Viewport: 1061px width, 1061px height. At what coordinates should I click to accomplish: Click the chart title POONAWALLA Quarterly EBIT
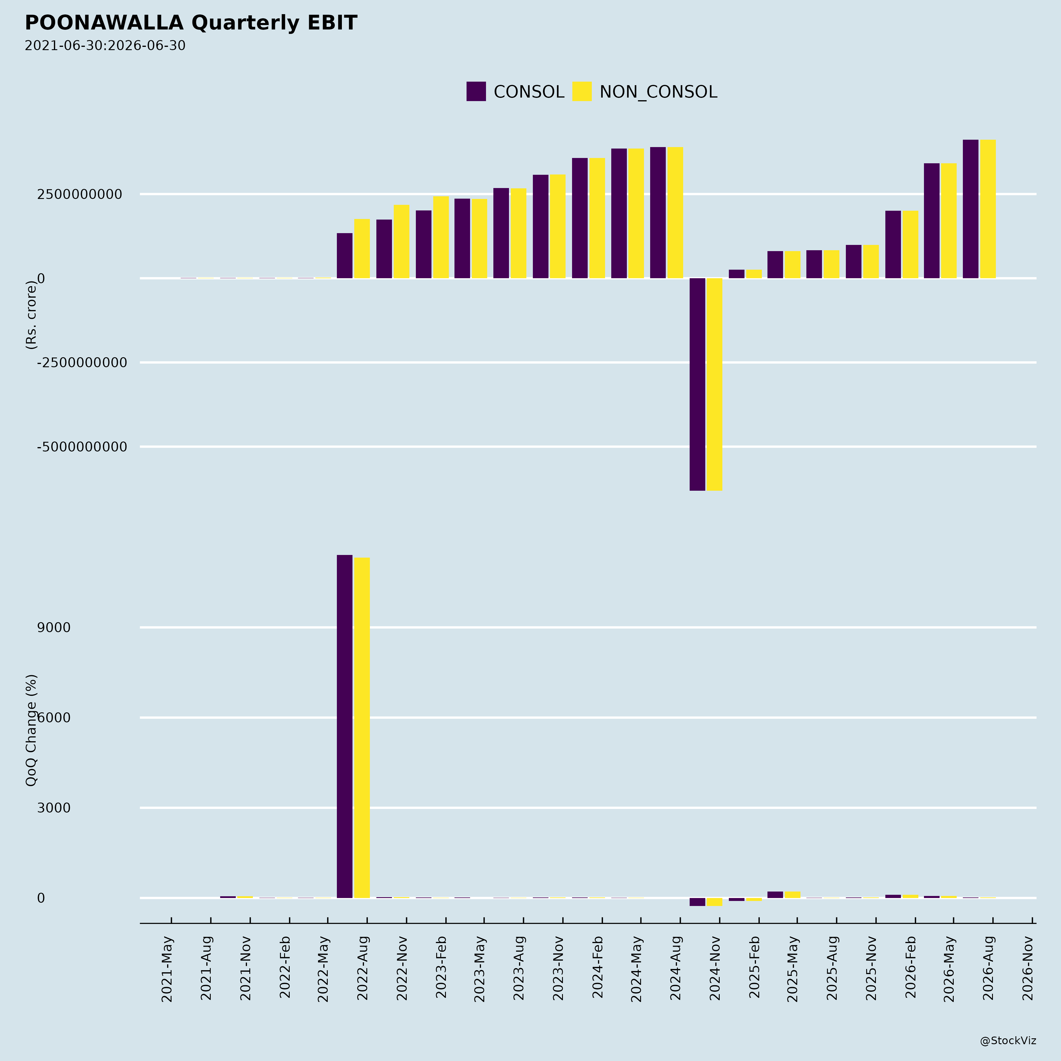pos(191,23)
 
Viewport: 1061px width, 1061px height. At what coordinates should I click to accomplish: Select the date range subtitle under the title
pos(105,46)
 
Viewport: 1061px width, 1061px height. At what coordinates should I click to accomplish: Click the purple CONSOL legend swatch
pos(476,91)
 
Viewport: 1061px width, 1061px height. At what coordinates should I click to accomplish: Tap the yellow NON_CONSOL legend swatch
pos(582,91)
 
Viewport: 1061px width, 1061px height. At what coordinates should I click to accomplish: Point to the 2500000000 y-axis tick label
pos(80,195)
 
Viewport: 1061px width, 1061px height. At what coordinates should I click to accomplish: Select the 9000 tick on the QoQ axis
pos(54,628)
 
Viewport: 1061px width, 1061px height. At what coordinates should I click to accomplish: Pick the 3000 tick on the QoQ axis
pos(54,808)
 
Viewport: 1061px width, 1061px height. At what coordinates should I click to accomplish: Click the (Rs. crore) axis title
pos(31,315)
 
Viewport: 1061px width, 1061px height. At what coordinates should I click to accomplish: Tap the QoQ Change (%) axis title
pos(31,730)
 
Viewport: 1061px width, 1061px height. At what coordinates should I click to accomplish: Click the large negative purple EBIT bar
pos(697,384)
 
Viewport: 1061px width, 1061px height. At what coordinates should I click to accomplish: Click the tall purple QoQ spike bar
pos(344,726)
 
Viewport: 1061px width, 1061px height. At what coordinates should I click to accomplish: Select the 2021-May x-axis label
pos(167,969)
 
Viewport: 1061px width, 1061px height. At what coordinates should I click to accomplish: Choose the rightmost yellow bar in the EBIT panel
pos(988,209)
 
